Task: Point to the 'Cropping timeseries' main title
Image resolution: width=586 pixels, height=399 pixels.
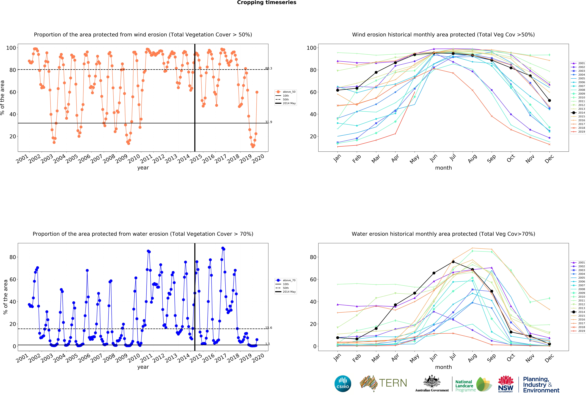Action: coord(267,2)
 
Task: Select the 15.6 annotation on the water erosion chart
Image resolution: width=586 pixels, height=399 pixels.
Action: coord(269,328)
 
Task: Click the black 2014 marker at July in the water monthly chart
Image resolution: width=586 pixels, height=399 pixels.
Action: coord(453,262)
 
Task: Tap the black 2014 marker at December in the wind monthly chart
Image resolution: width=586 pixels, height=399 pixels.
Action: coord(549,101)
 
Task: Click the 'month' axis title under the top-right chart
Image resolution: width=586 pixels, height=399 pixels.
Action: coord(443,168)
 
